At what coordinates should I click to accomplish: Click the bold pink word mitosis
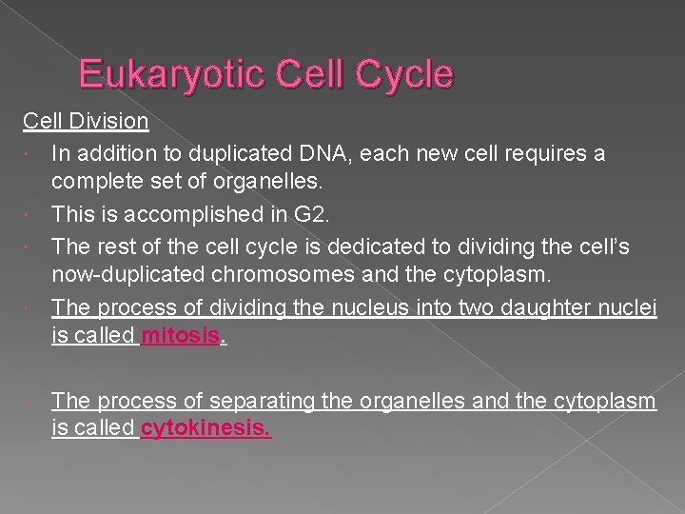[x=180, y=338]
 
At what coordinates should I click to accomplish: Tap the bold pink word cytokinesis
[x=205, y=429]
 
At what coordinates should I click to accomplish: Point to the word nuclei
[x=629, y=307]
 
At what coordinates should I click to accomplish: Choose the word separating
[x=260, y=400]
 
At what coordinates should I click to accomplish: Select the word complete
[x=93, y=184]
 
